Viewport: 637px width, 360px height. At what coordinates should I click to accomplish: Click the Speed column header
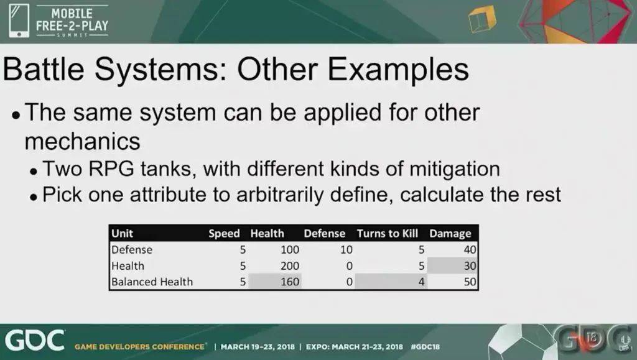coord(224,233)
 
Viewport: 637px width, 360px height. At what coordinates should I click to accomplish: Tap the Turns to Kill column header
coord(387,233)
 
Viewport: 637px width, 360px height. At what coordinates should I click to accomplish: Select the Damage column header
coord(450,233)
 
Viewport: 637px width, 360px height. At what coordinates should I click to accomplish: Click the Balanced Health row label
coord(152,282)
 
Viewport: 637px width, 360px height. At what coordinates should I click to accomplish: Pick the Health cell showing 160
coord(290,282)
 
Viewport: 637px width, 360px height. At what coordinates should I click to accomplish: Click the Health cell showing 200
coord(290,266)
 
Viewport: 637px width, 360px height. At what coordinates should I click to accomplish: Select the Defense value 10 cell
coord(346,249)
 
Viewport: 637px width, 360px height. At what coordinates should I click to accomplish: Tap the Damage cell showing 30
coord(470,266)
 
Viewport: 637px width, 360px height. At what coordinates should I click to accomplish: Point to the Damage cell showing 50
coord(470,282)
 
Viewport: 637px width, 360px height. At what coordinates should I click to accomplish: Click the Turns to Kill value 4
coord(421,282)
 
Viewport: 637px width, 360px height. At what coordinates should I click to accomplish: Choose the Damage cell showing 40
coord(470,249)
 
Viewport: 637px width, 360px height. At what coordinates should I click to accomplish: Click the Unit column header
coord(122,233)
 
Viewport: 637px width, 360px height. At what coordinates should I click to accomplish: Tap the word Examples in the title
coord(398,70)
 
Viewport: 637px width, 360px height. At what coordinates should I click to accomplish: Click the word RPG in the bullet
coord(111,169)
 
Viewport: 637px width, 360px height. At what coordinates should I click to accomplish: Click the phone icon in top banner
coord(19,21)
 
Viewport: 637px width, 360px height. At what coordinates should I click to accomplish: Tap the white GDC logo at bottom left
coord(35,340)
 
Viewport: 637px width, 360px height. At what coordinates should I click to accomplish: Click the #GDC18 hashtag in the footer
coord(425,347)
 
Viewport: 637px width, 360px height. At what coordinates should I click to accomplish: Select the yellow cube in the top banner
coord(482,19)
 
